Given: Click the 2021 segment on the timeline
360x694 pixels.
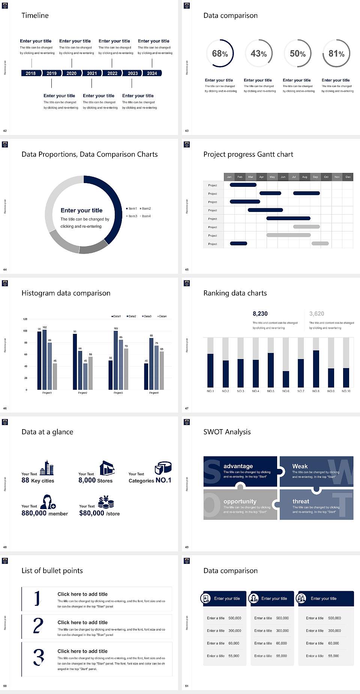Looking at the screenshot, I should (x=92, y=73).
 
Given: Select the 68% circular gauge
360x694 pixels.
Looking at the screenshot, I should (x=220, y=53).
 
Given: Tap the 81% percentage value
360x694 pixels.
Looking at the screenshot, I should (x=336, y=54).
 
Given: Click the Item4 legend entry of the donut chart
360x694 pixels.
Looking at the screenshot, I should (x=146, y=216).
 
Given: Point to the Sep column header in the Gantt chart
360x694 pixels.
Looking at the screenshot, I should (x=315, y=177).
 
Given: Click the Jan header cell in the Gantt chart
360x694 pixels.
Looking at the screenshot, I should (x=229, y=177).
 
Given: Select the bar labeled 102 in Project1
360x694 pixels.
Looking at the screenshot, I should (x=45, y=358).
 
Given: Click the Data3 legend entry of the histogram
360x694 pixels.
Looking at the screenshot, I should (x=147, y=316).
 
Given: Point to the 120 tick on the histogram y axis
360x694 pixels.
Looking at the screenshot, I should (x=25, y=319).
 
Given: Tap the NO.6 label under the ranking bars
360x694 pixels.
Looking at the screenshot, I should (x=286, y=391).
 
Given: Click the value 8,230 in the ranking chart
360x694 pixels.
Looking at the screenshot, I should (x=260, y=314).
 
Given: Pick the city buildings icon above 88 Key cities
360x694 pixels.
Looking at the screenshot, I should (x=47, y=468).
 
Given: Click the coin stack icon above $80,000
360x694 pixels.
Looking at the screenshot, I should (x=106, y=502).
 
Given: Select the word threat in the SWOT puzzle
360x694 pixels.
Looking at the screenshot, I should (x=301, y=501).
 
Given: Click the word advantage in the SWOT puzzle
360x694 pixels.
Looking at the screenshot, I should (x=238, y=466).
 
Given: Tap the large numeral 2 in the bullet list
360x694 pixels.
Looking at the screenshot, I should (x=38, y=625).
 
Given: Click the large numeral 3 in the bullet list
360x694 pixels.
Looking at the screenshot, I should (x=39, y=657).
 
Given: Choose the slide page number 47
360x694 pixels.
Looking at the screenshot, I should (x=187, y=408).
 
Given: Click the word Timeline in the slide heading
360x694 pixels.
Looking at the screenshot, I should (x=35, y=15).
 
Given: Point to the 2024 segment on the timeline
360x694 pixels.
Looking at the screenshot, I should (x=152, y=73).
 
